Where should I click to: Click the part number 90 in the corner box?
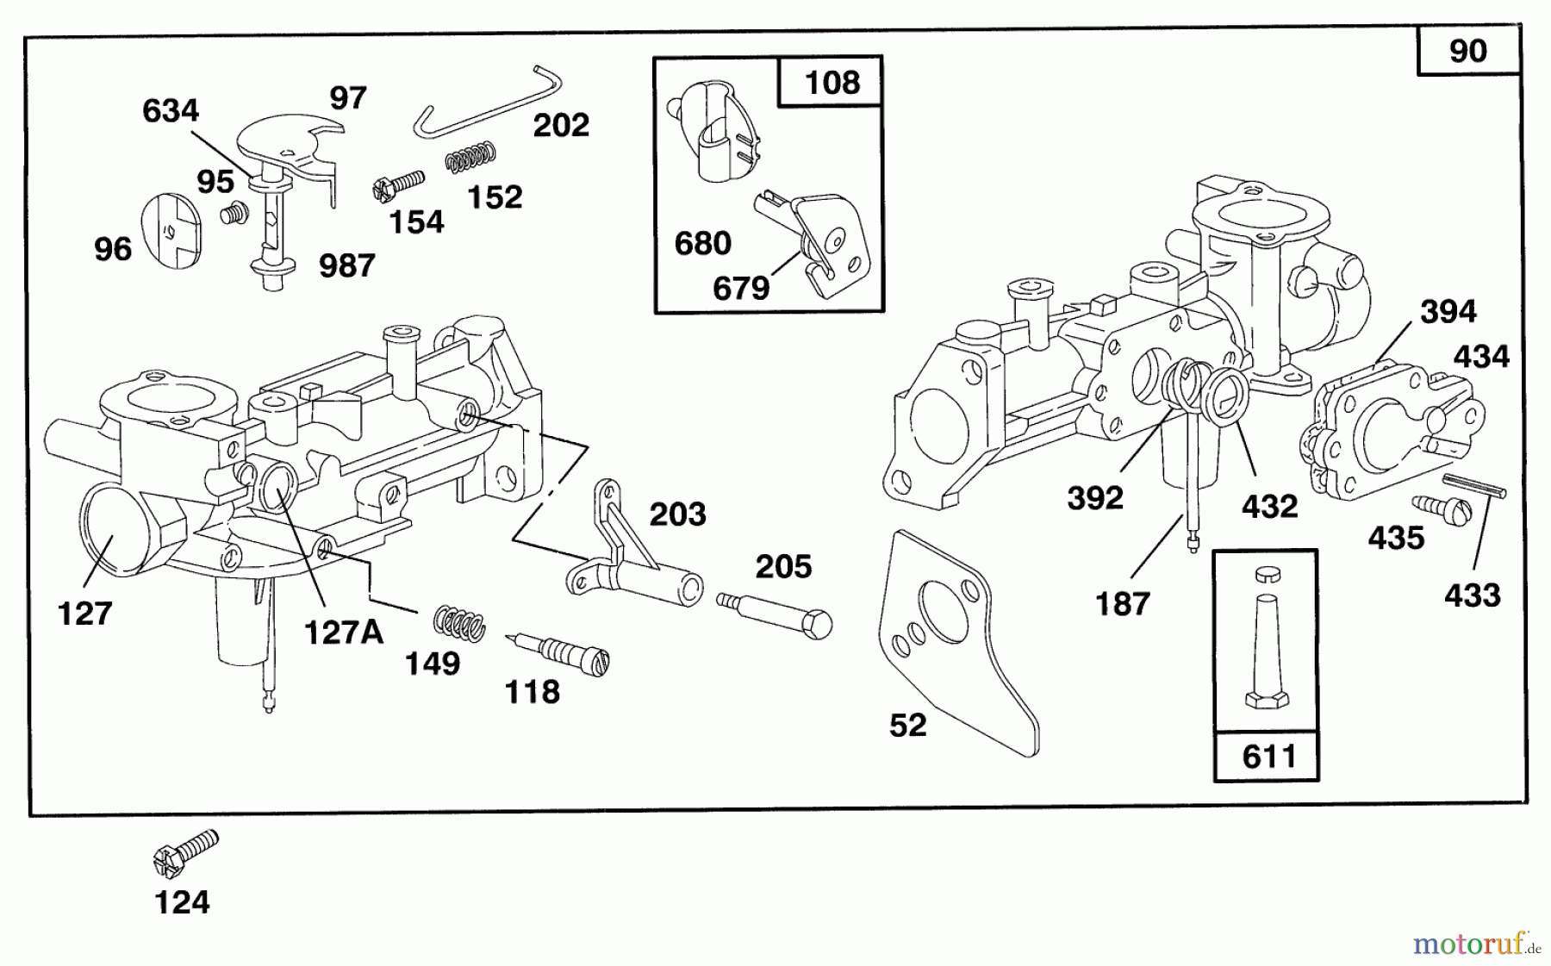pyautogui.click(x=1467, y=52)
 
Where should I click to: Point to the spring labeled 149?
pyautogui.click(x=458, y=622)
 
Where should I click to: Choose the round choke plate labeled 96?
pyautogui.click(x=168, y=227)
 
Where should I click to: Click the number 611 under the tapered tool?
pyautogui.click(x=1269, y=757)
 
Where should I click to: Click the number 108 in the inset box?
pyautogui.click(x=832, y=83)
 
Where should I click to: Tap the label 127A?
pyautogui.click(x=343, y=633)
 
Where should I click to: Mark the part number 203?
pyautogui.click(x=677, y=514)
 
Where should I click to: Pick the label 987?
pyautogui.click(x=346, y=266)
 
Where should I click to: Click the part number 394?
pyautogui.click(x=1448, y=311)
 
